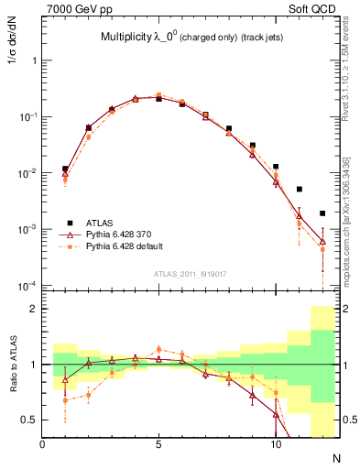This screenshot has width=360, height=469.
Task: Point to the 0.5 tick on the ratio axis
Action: [x=30, y=420]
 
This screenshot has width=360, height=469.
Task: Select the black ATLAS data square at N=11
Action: [x=300, y=190]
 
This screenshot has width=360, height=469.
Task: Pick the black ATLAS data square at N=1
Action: [x=65, y=169]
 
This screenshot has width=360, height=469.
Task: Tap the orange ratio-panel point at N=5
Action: [x=159, y=349]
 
